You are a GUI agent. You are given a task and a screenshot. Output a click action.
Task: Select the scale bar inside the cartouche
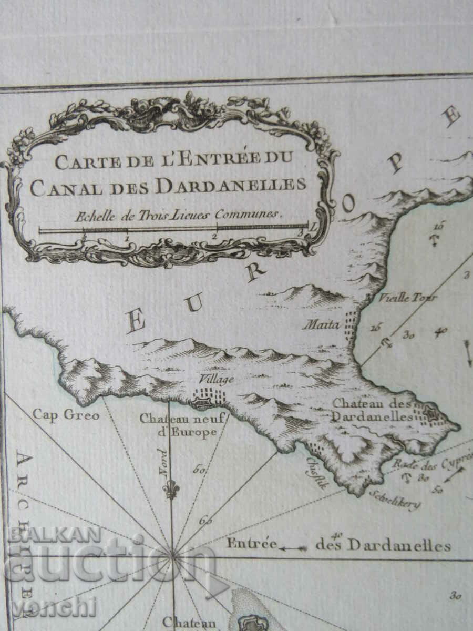coord(173,229)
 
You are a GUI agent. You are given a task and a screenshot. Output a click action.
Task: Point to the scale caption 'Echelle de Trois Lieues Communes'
coord(179,215)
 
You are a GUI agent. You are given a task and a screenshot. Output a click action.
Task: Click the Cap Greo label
coord(66,415)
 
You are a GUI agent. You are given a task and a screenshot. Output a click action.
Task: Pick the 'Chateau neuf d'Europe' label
coord(182,425)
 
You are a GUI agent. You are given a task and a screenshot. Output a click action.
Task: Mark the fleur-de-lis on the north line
coord(171,489)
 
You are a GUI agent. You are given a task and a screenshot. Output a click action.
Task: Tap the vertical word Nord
coord(163,463)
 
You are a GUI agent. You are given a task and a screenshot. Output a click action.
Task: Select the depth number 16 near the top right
coord(439,227)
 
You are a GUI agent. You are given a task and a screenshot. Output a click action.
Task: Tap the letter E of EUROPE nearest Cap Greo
coord(136,322)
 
